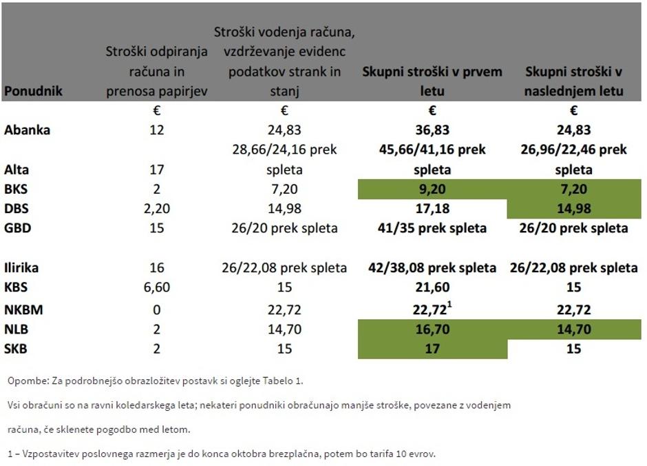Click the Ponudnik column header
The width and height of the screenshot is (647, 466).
[33, 91]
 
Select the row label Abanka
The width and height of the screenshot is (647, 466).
[28, 130]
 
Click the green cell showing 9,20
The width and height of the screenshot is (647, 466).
[432, 189]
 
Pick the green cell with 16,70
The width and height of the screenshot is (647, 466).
[432, 330]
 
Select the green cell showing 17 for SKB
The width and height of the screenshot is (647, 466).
[432, 349]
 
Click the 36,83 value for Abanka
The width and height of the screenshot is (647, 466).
[432, 130]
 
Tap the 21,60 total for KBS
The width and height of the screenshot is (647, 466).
[432, 287]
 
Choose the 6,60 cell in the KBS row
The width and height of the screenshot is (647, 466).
[156, 287]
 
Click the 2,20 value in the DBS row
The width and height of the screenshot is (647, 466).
[156, 209]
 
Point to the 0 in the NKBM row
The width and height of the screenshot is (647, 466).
[156, 310]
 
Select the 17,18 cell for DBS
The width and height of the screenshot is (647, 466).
[432, 209]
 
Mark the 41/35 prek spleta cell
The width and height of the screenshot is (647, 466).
[432, 228]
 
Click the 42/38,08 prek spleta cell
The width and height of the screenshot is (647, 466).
[432, 267]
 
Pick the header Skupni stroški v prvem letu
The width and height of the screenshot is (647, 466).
[432, 81]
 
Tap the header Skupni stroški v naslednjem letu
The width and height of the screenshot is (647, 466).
[573, 81]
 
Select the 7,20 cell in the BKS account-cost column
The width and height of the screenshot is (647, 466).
[284, 189]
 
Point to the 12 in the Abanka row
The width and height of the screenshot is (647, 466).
[156, 130]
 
